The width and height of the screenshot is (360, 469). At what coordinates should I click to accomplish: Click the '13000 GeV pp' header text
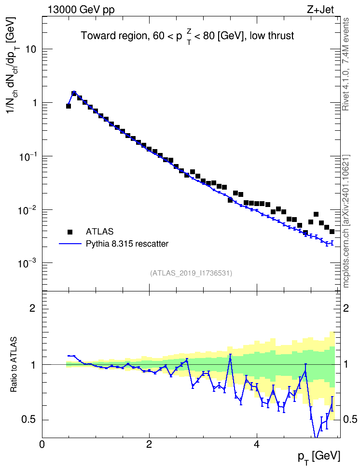pyautogui.click(x=81, y=10)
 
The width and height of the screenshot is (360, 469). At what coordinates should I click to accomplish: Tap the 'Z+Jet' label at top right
pyautogui.click(x=320, y=10)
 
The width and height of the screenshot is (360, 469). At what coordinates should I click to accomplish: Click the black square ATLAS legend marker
pyautogui.click(x=70, y=232)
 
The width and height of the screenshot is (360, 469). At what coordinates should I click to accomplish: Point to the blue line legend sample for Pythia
pyautogui.click(x=70, y=244)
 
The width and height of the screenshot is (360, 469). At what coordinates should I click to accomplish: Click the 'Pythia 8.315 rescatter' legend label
pyautogui.click(x=127, y=244)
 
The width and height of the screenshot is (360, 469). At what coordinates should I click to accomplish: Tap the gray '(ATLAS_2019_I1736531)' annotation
pyautogui.click(x=191, y=273)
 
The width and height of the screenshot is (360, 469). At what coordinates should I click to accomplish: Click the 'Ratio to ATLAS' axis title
pyautogui.click(x=14, y=364)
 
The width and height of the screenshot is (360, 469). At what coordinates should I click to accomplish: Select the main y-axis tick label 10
pyautogui.click(x=30, y=49)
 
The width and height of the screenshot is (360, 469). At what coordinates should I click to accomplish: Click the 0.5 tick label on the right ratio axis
pyautogui.click(x=350, y=419)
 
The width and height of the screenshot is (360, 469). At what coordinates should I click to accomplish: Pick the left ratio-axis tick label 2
pyautogui.click(x=33, y=308)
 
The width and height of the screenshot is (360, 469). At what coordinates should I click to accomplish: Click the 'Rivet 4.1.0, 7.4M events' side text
pyautogui.click(x=346, y=64)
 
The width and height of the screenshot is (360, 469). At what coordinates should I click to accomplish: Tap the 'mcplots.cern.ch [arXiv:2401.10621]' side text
pyautogui.click(x=346, y=221)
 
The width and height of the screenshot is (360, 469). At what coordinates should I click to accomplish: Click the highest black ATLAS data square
pyautogui.click(x=74, y=93)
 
